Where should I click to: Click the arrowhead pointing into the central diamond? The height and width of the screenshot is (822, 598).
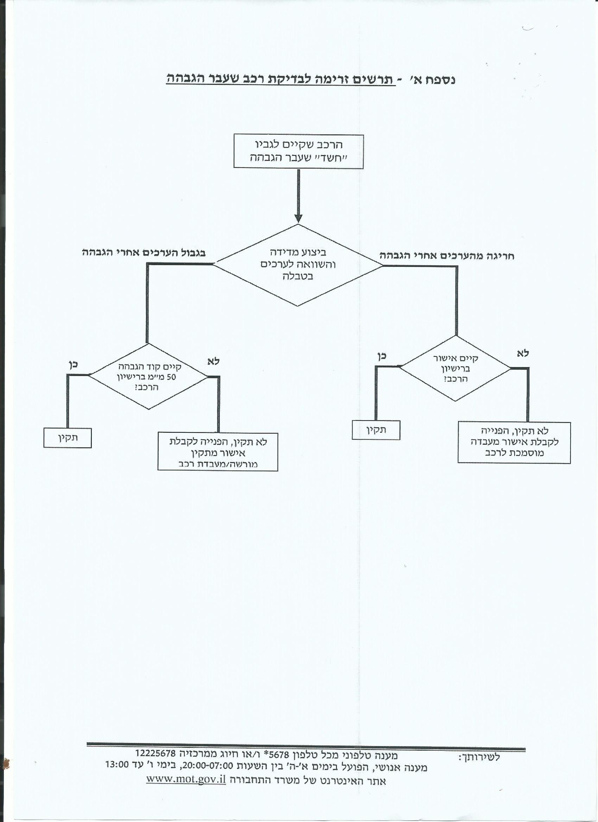click(298, 218)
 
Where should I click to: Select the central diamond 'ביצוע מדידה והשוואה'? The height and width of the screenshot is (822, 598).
click(298, 265)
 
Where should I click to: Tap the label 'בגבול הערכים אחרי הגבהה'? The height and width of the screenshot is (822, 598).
click(144, 253)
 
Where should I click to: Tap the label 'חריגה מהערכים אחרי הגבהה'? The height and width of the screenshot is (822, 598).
click(447, 256)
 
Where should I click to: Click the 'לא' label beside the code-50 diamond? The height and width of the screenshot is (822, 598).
click(214, 361)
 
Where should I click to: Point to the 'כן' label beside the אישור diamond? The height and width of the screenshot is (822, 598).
click(382, 356)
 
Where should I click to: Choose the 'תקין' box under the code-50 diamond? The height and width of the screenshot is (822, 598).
click(68, 438)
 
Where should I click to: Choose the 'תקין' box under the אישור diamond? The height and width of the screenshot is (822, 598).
click(376, 430)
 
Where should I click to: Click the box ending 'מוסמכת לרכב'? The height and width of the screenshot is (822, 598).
click(514, 443)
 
